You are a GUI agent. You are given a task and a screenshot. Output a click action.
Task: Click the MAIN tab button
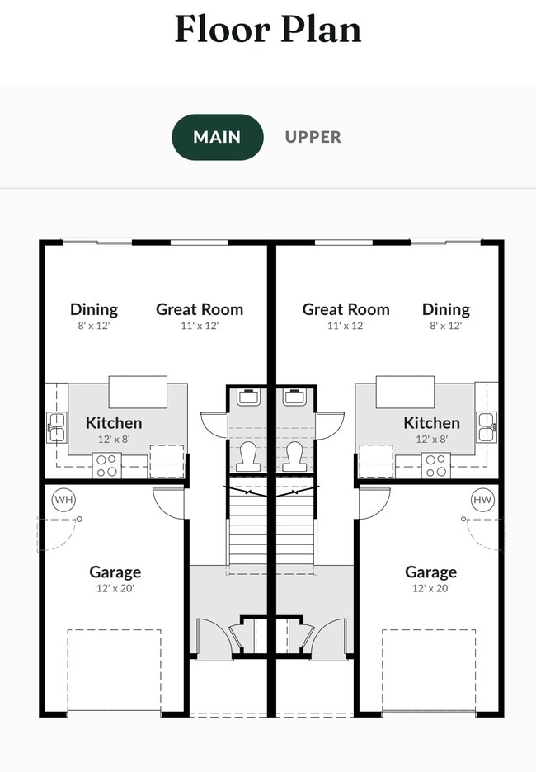click(x=217, y=137)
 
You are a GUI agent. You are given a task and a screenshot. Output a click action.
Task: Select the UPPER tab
click(x=313, y=137)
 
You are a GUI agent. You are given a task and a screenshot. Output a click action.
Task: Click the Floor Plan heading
click(x=268, y=30)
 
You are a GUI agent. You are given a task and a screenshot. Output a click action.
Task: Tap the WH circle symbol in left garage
click(x=63, y=499)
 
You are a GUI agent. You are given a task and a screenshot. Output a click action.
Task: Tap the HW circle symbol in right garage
click(x=482, y=499)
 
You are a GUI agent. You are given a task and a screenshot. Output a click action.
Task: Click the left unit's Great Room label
click(x=200, y=309)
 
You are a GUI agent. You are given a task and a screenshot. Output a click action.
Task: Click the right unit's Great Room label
click(x=346, y=309)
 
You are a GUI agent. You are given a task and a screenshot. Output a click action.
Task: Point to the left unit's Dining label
click(x=93, y=309)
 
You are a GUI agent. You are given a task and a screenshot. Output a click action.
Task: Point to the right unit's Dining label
click(x=445, y=309)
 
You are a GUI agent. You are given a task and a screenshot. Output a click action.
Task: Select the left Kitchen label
click(x=114, y=422)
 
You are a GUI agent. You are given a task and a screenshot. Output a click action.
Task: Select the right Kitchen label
click(x=431, y=422)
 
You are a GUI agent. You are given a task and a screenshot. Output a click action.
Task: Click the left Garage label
click(x=115, y=572)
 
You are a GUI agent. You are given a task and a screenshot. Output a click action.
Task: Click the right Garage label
click(x=430, y=572)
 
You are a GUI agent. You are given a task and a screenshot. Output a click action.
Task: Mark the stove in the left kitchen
click(x=107, y=466)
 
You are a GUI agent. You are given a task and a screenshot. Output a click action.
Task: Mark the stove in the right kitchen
click(x=435, y=466)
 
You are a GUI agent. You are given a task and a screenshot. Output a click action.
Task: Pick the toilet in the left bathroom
click(x=248, y=456)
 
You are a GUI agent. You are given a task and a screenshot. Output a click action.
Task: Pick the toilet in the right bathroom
click(x=294, y=456)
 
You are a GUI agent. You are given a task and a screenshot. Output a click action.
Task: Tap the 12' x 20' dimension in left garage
click(x=115, y=588)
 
